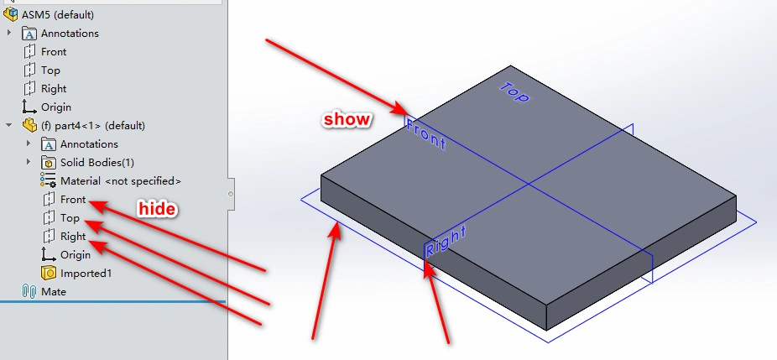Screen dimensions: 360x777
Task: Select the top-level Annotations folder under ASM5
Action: click(70, 34)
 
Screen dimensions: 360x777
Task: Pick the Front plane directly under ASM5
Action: click(54, 52)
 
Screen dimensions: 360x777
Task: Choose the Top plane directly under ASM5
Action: click(50, 70)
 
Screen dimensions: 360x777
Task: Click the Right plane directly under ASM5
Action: click(54, 89)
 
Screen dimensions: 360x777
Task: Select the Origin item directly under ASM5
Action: click(55, 107)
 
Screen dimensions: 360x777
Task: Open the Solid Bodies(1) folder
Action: click(96, 163)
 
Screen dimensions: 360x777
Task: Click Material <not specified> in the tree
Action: click(120, 181)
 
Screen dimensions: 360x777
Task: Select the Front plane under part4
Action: click(73, 200)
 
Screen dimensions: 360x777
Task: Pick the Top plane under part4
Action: click(70, 218)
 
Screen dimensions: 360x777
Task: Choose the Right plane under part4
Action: click(73, 237)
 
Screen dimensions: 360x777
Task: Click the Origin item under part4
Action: click(75, 255)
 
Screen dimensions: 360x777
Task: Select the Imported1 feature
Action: click(86, 274)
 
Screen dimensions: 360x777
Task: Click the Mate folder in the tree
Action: click(54, 292)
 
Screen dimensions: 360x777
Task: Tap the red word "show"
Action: click(347, 120)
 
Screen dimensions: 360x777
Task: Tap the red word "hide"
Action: click(157, 208)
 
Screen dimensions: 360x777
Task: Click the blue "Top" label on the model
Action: click(514, 91)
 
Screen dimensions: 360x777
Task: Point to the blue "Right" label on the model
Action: click(445, 241)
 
